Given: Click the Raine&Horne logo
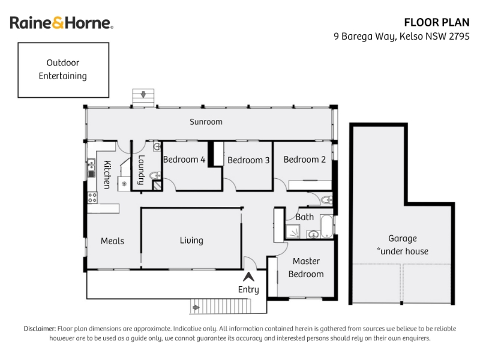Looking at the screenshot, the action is (x=62, y=23).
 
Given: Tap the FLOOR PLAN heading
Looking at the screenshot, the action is (x=437, y=22).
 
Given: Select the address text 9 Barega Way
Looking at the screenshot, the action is (x=365, y=37).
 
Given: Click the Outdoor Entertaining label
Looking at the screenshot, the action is (x=63, y=69).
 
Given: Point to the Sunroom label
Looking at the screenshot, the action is (x=206, y=122).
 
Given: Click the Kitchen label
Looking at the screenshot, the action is (x=107, y=174).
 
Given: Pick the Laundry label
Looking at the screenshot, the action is (x=141, y=170).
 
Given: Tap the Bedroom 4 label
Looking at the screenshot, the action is (x=184, y=160).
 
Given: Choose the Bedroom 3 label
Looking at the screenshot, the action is (x=248, y=160).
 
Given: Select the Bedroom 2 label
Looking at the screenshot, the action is (x=304, y=160).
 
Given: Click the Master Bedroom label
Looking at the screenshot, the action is (x=306, y=268).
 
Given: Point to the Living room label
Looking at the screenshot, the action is (x=191, y=241).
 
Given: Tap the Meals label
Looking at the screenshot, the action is (x=112, y=241).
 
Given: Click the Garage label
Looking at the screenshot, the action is (x=403, y=238).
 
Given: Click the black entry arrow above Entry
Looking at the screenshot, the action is (x=248, y=277).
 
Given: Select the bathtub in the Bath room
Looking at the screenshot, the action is (x=326, y=226).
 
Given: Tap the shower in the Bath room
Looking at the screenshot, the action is (x=293, y=231).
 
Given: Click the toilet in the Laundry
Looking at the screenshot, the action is (x=155, y=175).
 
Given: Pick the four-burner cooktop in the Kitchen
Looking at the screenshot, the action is (x=92, y=198).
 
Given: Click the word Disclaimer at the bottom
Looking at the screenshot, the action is (x=40, y=329).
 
